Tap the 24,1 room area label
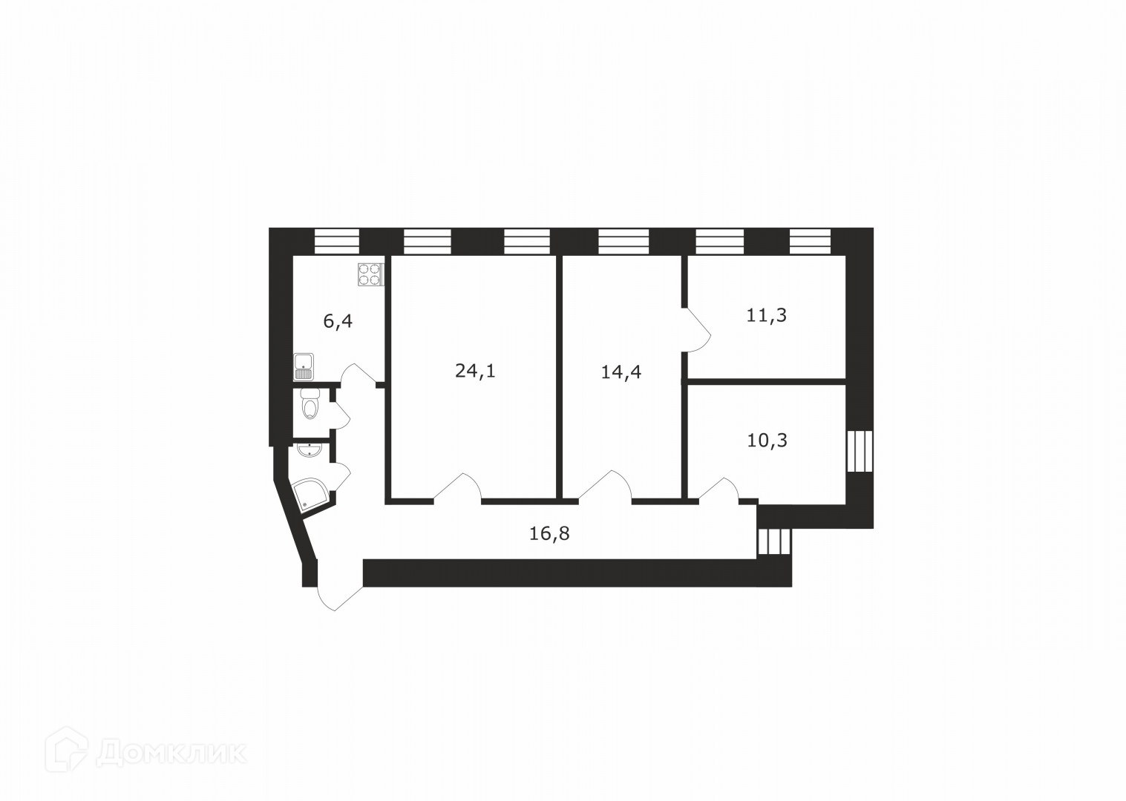click(475, 370)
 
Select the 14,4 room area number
click(621, 372)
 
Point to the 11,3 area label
click(766, 315)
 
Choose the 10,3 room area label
click(767, 441)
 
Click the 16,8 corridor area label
click(549, 533)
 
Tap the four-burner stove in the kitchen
click(370, 275)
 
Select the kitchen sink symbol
click(304, 366)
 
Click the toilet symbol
click(310, 405)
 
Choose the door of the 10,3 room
click(716, 489)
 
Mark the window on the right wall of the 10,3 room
click(860, 451)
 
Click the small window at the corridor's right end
click(774, 541)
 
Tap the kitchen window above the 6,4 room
click(337, 241)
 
